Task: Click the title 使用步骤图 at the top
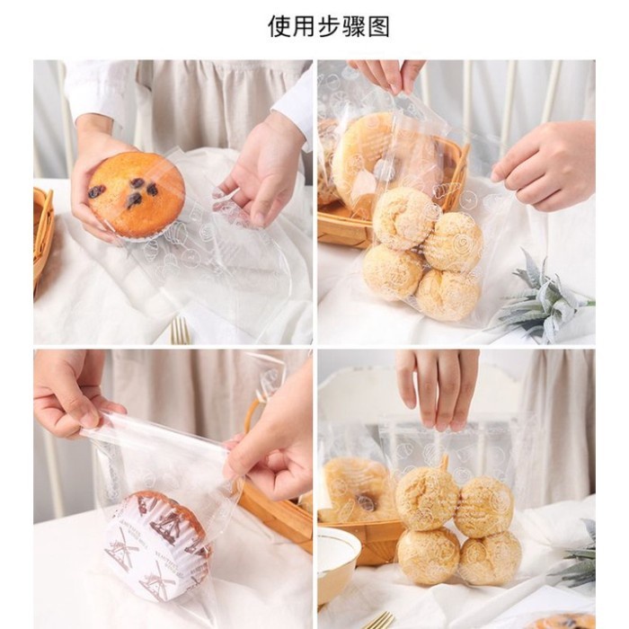pos(329,26)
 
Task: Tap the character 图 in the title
pos(379,26)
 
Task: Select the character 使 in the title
pos(279,26)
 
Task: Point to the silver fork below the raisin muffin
pos(181,331)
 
